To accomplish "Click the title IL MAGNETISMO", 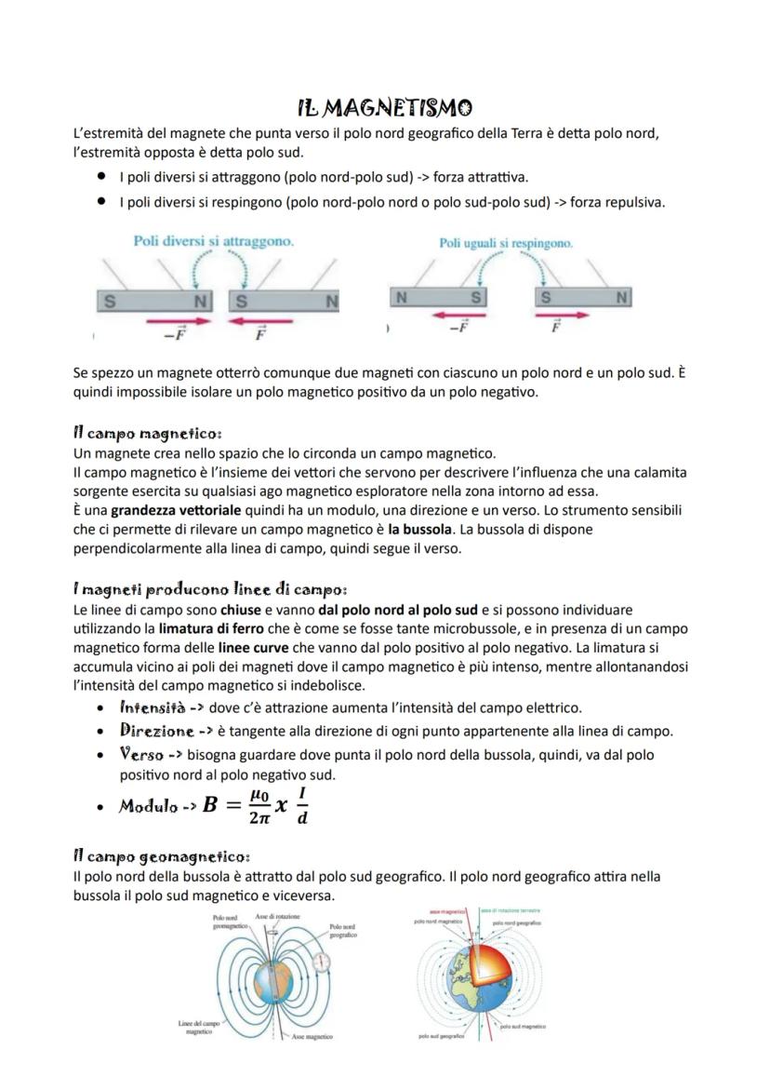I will tap(385, 109).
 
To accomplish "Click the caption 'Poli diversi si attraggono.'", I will tap(214, 241).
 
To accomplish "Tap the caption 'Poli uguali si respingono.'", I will tap(506, 243).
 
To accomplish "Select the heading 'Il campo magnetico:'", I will tap(147, 434).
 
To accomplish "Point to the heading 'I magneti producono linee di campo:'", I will tap(210, 589).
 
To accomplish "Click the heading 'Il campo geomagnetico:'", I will tap(161, 855).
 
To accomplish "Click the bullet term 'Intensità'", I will tap(153, 708).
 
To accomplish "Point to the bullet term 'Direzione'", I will tap(156, 732).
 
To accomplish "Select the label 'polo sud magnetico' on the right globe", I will tap(523, 1027).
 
